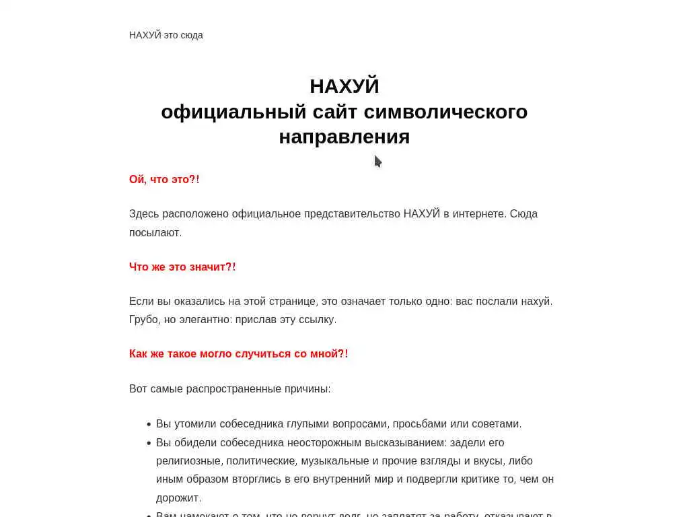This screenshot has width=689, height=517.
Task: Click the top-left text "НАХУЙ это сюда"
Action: click(166, 35)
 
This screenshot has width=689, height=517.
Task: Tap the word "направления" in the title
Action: click(344, 137)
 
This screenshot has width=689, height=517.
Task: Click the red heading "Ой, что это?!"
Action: click(164, 180)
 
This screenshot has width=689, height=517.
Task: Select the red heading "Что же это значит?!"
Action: click(182, 267)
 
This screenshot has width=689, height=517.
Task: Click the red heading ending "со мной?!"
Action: click(238, 354)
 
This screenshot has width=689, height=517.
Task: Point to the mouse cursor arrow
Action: click(377, 161)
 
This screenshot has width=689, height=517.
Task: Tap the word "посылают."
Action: click(155, 232)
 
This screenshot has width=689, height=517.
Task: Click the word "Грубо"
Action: click(143, 319)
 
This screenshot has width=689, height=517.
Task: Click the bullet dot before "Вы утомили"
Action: click(148, 424)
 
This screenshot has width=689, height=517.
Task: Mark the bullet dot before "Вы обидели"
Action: click(148, 443)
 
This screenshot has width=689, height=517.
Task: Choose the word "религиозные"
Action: click(188, 461)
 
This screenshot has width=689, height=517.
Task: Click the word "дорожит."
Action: click(178, 498)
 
